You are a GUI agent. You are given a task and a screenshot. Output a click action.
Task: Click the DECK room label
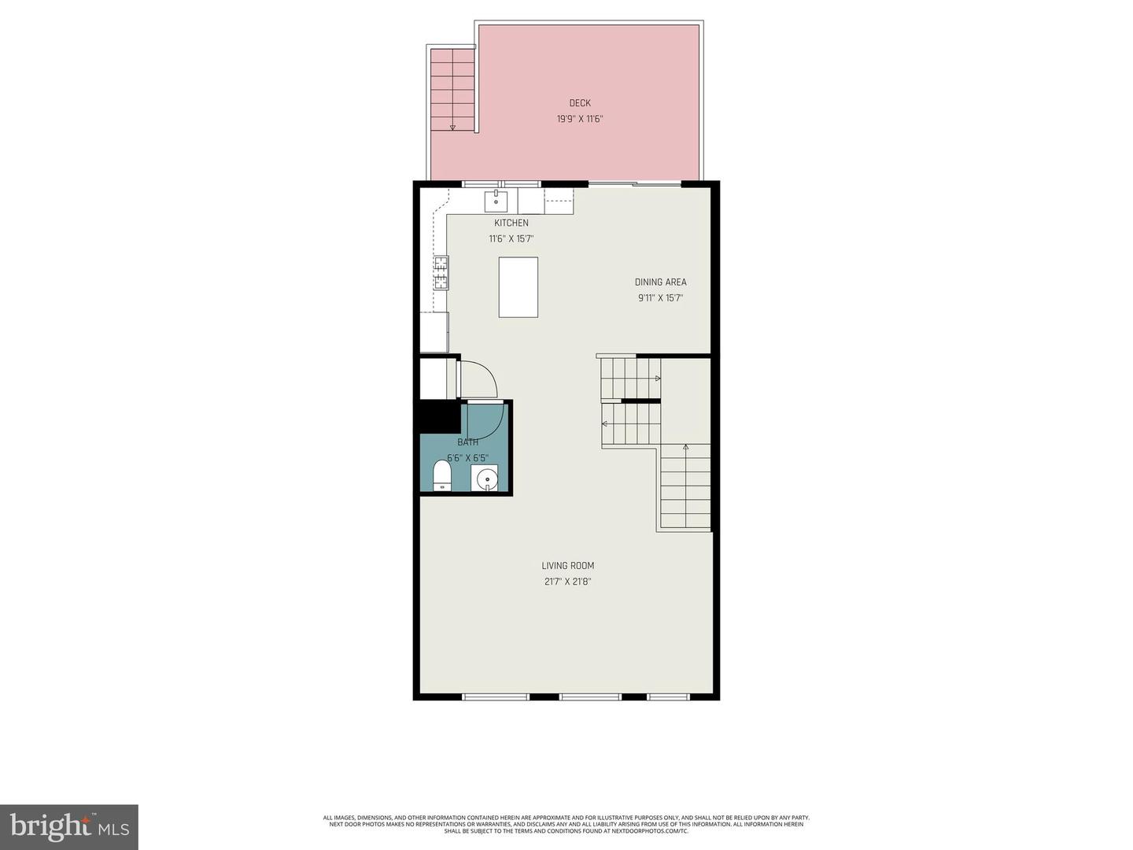(x=580, y=103)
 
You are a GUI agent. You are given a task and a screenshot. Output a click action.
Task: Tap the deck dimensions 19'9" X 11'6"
(x=580, y=120)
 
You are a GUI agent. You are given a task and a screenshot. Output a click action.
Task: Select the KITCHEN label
(x=511, y=224)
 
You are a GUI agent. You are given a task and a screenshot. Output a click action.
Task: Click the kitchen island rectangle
(x=519, y=287)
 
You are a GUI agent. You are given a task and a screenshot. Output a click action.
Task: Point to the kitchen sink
(x=496, y=201)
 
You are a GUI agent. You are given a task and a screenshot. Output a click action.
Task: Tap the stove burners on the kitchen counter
(x=441, y=273)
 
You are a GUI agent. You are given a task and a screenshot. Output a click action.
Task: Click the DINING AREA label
(x=661, y=283)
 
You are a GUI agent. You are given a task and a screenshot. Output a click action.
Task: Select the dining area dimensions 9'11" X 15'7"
(x=661, y=298)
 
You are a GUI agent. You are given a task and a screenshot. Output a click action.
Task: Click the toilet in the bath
(x=442, y=476)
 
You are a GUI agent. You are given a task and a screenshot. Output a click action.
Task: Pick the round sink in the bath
(x=486, y=478)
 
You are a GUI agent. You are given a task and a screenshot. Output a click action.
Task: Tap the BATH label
(x=468, y=442)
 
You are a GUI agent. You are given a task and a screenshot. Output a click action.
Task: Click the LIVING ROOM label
(x=568, y=566)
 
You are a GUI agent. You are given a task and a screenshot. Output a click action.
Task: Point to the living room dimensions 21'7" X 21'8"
(x=568, y=582)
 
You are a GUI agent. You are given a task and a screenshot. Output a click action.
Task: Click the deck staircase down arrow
(x=452, y=126)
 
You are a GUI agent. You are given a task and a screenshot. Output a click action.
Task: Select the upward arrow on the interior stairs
(x=685, y=447)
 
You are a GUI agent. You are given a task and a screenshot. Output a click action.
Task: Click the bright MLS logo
(x=69, y=826)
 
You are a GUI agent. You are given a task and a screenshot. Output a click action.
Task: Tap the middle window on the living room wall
(x=590, y=697)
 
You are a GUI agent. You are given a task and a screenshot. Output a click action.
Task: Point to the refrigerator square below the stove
(x=434, y=332)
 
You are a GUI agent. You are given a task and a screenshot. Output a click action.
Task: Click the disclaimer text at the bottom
(x=566, y=824)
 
